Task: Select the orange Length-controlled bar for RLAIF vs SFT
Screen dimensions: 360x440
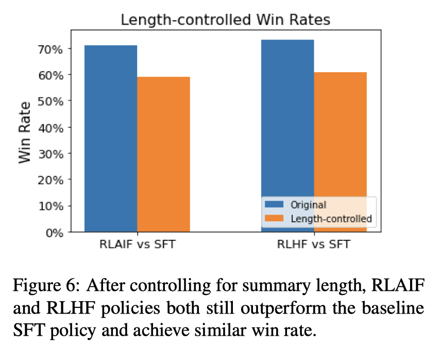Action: pyautogui.click(x=163, y=154)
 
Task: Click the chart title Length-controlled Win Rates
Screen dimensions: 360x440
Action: pyautogui.click(x=225, y=21)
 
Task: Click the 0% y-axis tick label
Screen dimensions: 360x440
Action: pyautogui.click(x=54, y=232)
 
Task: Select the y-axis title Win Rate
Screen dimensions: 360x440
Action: pyautogui.click(x=25, y=133)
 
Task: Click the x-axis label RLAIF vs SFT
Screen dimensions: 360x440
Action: pyautogui.click(x=137, y=245)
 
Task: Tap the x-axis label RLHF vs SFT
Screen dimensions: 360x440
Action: pyautogui.click(x=314, y=245)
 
